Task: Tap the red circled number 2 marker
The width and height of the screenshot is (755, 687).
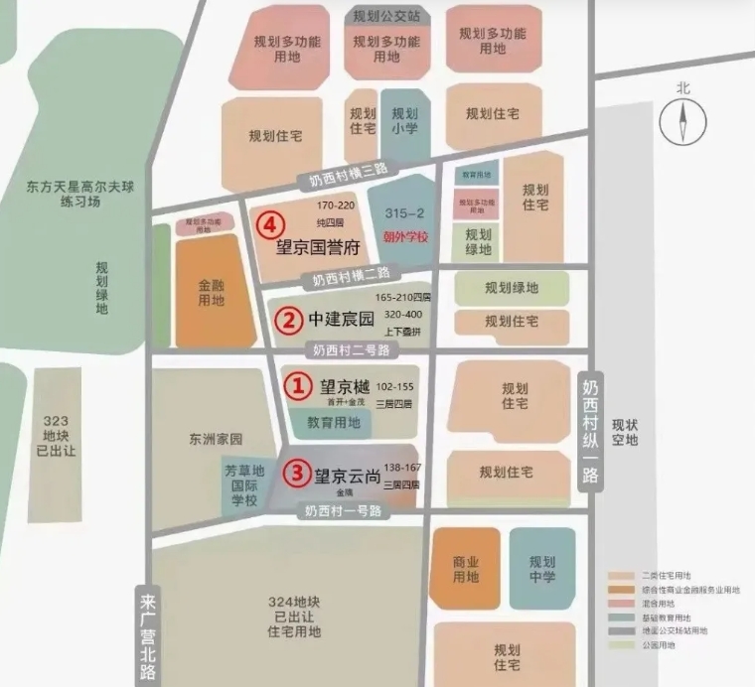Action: click(287, 320)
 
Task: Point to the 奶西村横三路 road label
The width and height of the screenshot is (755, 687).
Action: click(342, 176)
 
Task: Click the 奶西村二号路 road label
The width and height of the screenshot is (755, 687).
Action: click(350, 349)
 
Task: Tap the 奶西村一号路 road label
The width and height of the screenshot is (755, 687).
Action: click(342, 510)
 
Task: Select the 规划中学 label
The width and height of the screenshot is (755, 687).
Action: click(542, 569)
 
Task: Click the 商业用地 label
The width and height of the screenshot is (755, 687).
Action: click(466, 569)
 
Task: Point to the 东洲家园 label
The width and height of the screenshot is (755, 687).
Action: click(217, 439)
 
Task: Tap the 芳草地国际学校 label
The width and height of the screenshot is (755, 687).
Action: click(244, 485)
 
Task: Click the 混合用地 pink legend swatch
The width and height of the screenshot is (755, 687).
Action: click(621, 603)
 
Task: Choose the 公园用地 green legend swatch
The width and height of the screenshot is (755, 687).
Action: click(621, 644)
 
